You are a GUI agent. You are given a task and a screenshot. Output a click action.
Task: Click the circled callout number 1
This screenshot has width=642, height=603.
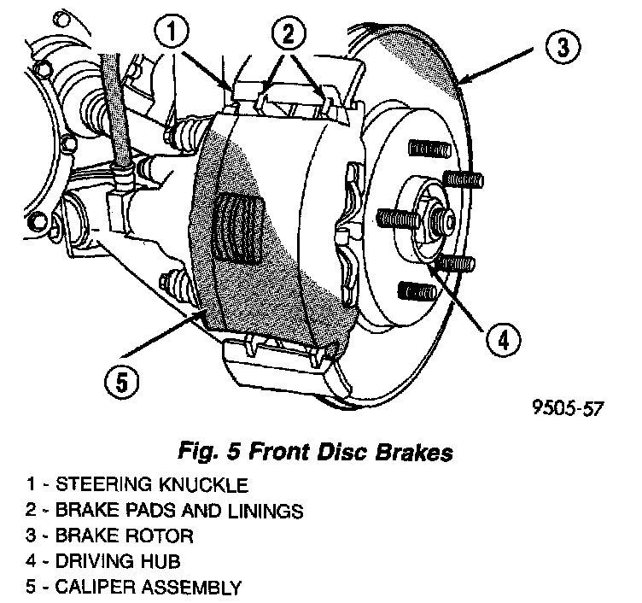172,36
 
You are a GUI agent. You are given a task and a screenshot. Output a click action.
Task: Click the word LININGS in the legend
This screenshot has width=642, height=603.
261,511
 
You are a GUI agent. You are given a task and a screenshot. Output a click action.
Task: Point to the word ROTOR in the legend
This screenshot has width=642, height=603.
165,536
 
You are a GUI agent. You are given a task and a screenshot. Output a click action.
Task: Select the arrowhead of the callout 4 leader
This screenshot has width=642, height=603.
432,261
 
